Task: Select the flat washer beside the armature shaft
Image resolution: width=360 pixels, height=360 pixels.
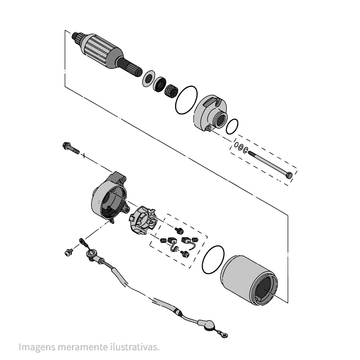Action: click(148, 79)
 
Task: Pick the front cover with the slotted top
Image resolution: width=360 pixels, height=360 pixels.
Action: click(211, 112)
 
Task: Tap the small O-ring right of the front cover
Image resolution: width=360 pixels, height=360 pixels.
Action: click(232, 126)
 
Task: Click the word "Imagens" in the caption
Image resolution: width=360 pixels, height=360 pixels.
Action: click(37, 347)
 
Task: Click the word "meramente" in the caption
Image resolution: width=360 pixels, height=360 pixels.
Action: click(83, 347)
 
